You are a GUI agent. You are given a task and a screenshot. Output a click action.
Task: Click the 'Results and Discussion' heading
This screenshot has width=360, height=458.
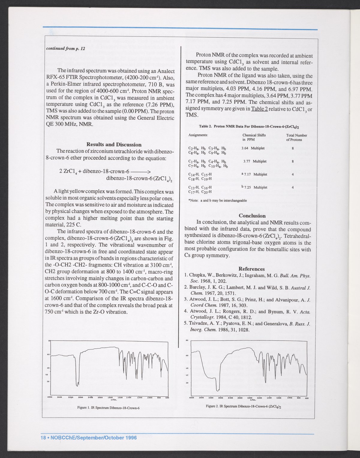(114, 144)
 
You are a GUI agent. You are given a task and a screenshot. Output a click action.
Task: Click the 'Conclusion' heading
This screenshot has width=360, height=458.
(252, 216)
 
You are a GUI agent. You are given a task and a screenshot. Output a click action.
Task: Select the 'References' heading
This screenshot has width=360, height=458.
(251, 269)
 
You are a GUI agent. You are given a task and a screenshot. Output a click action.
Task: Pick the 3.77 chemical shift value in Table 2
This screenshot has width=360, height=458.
(247, 161)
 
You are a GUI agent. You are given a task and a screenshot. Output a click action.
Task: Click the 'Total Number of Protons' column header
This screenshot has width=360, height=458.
(296, 138)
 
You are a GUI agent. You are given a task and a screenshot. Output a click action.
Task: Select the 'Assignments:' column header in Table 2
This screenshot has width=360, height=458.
(198, 135)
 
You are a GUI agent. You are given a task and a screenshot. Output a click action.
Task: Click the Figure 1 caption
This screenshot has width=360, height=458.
(108, 408)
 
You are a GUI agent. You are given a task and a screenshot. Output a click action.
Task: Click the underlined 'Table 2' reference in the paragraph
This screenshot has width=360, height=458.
(260, 109)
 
